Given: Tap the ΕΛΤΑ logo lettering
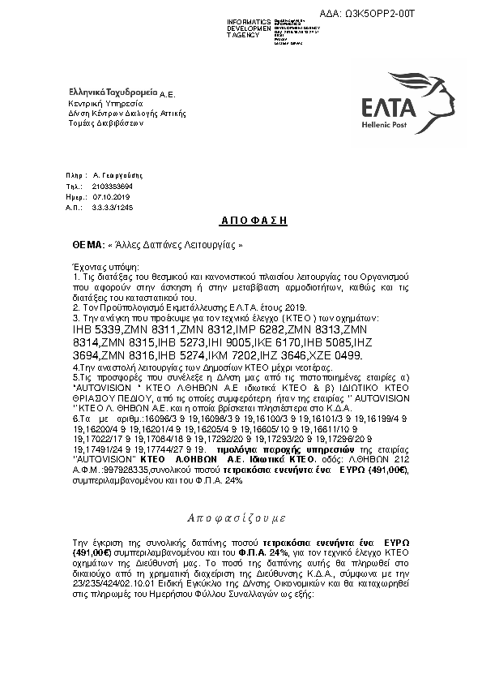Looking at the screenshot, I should (390, 107).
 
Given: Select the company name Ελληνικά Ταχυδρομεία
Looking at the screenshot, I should (113, 94).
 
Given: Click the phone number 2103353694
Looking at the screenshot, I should (113, 187).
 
